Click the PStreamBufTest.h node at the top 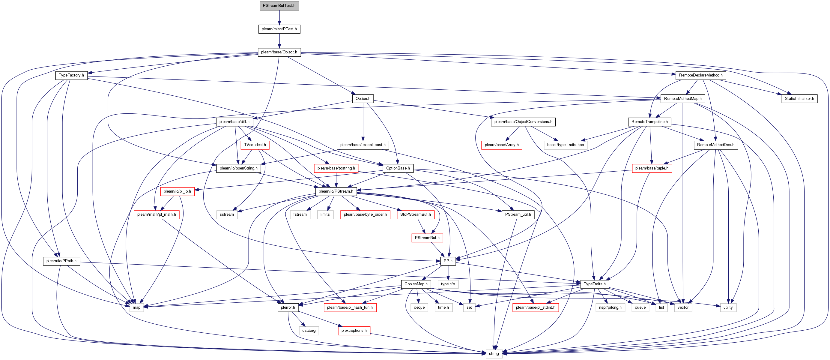click(x=279, y=6)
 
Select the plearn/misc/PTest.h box click(x=279, y=29)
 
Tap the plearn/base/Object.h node click(x=279, y=52)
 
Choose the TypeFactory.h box click(x=71, y=75)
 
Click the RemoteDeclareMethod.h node click(x=700, y=75)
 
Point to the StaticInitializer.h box click(x=799, y=99)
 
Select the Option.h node click(x=363, y=99)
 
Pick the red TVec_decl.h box click(x=255, y=145)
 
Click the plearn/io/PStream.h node click(x=336, y=191)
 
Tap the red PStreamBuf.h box click(x=427, y=238)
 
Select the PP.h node click(x=448, y=261)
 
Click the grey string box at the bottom click(x=494, y=354)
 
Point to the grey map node click(x=137, y=307)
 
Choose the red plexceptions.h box click(x=354, y=331)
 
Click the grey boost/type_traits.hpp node click(x=565, y=145)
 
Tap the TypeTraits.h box click(x=595, y=284)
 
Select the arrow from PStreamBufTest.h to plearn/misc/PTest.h click(x=279, y=17)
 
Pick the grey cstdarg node click(x=309, y=331)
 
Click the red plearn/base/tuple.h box click(x=652, y=168)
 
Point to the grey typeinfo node click(x=448, y=284)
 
